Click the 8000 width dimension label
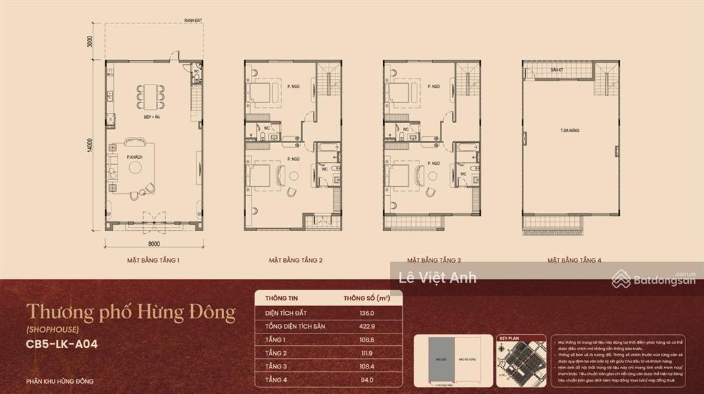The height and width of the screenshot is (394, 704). click(x=153, y=243)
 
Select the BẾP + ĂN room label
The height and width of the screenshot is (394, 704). click(x=152, y=118)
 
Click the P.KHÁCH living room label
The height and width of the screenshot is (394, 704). click(x=134, y=158)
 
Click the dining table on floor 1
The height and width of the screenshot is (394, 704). click(x=151, y=96)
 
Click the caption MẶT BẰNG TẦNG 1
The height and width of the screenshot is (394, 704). click(x=153, y=261)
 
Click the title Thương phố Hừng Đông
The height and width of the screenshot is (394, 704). click(x=131, y=314)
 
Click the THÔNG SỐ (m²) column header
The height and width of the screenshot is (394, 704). click(x=367, y=298)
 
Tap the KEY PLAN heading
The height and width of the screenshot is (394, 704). click(x=511, y=339)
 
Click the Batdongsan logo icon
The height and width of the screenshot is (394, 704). click(x=621, y=278)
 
